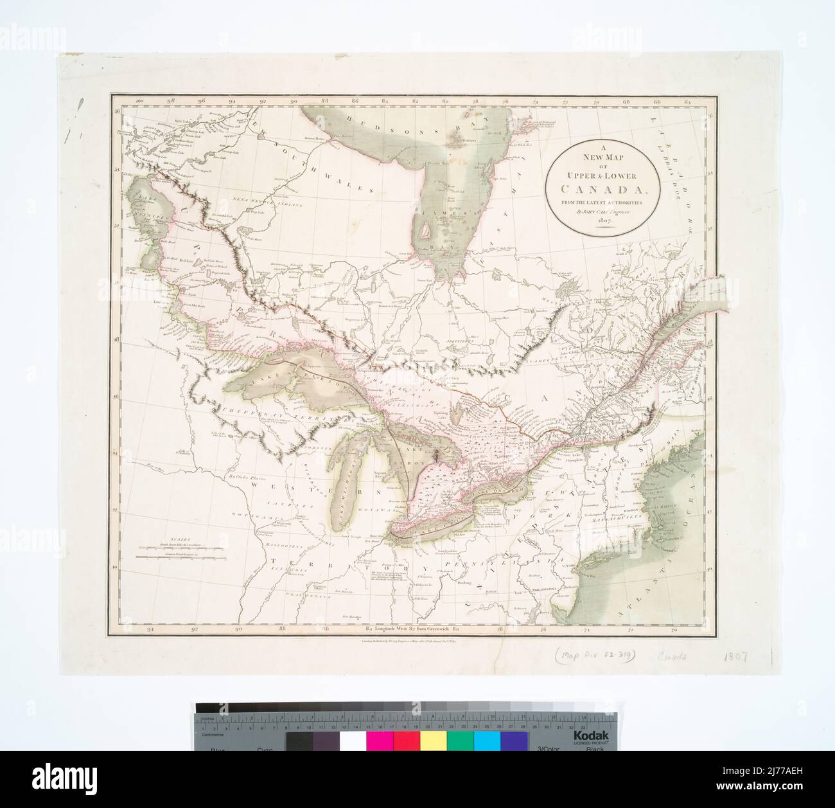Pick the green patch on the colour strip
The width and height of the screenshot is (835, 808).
click(x=460, y=741)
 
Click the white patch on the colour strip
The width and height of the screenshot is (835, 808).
click(x=352, y=741)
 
